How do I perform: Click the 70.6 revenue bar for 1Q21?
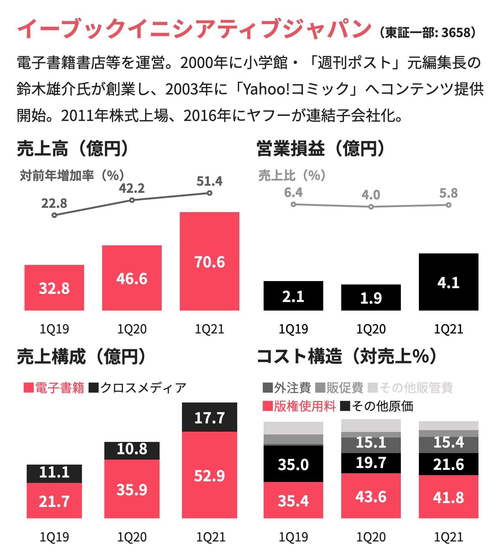point(210,261)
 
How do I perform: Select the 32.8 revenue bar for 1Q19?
point(54,288)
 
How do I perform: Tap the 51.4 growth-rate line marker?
point(210,193)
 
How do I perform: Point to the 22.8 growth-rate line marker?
point(54,215)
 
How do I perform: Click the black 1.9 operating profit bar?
point(371,298)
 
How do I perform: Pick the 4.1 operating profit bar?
point(449,282)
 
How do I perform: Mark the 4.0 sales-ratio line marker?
point(371,207)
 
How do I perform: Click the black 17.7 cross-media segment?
point(210,417)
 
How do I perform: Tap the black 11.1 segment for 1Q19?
point(54,474)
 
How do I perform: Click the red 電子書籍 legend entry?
point(54,388)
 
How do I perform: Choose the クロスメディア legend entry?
point(138,388)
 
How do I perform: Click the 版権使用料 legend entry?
point(299,406)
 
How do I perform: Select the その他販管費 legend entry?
point(410,388)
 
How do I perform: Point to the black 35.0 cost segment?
point(293,464)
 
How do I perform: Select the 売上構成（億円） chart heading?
point(81,356)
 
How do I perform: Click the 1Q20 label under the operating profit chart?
point(371,329)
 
